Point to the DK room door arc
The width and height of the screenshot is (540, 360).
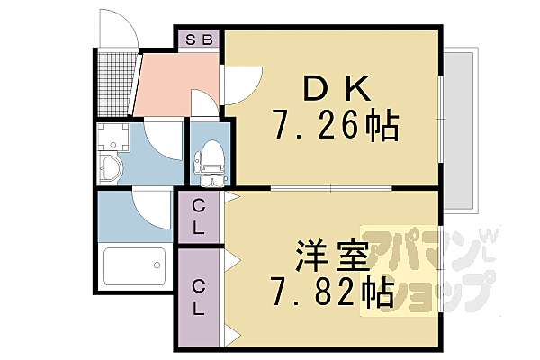click(239, 86)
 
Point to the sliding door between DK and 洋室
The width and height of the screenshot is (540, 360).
click(333, 187)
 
